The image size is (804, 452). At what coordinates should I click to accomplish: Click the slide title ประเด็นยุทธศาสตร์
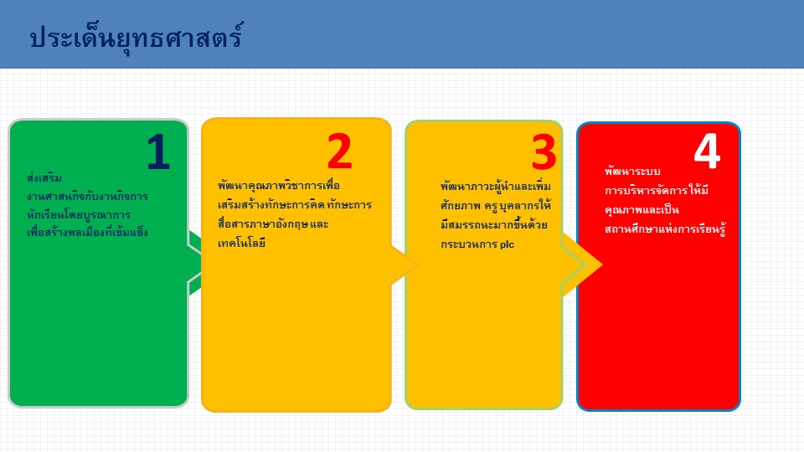coord(137,38)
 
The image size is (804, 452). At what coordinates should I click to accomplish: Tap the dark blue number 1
coord(158,152)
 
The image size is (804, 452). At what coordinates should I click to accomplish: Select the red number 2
coord(340,152)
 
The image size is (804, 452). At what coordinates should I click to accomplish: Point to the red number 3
coord(544,152)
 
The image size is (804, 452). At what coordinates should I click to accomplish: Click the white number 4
coord(707,151)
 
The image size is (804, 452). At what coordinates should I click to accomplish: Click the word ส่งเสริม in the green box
coord(44,177)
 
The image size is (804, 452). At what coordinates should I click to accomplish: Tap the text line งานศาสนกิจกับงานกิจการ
coord(88,196)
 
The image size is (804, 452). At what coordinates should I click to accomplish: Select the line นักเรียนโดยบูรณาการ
coord(79,215)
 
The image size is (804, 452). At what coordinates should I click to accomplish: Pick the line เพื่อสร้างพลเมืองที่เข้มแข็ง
coord(88,232)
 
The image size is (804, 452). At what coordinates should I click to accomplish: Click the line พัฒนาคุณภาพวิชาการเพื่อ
coord(279,186)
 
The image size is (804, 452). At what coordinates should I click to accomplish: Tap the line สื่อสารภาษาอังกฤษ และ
coord(273,224)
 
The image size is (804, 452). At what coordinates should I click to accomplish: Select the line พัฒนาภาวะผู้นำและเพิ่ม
coord(496,186)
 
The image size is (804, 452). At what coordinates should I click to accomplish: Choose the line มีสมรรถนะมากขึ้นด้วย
coord(494,225)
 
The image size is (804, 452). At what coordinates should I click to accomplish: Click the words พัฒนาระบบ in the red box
coord(633,171)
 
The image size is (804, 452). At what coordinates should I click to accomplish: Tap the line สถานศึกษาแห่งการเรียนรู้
coord(666,229)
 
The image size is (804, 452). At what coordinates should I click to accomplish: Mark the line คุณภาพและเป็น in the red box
coord(642,209)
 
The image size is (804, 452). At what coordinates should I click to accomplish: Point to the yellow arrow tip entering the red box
coord(601,265)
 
